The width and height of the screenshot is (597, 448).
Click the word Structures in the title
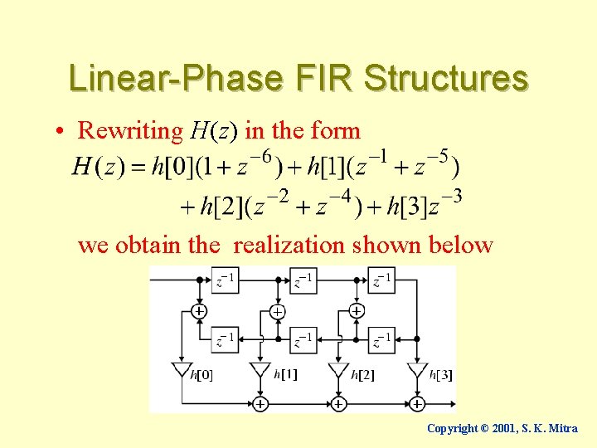[x=445, y=78]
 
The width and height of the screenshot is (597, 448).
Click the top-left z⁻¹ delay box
[x=225, y=280]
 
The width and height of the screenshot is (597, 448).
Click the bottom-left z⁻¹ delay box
[x=225, y=339]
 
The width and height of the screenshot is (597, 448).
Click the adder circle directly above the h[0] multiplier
[x=199, y=311]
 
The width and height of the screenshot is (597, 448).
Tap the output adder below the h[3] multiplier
[x=417, y=403]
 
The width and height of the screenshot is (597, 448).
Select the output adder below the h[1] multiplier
[x=260, y=403]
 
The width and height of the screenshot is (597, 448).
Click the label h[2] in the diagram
[x=362, y=375]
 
